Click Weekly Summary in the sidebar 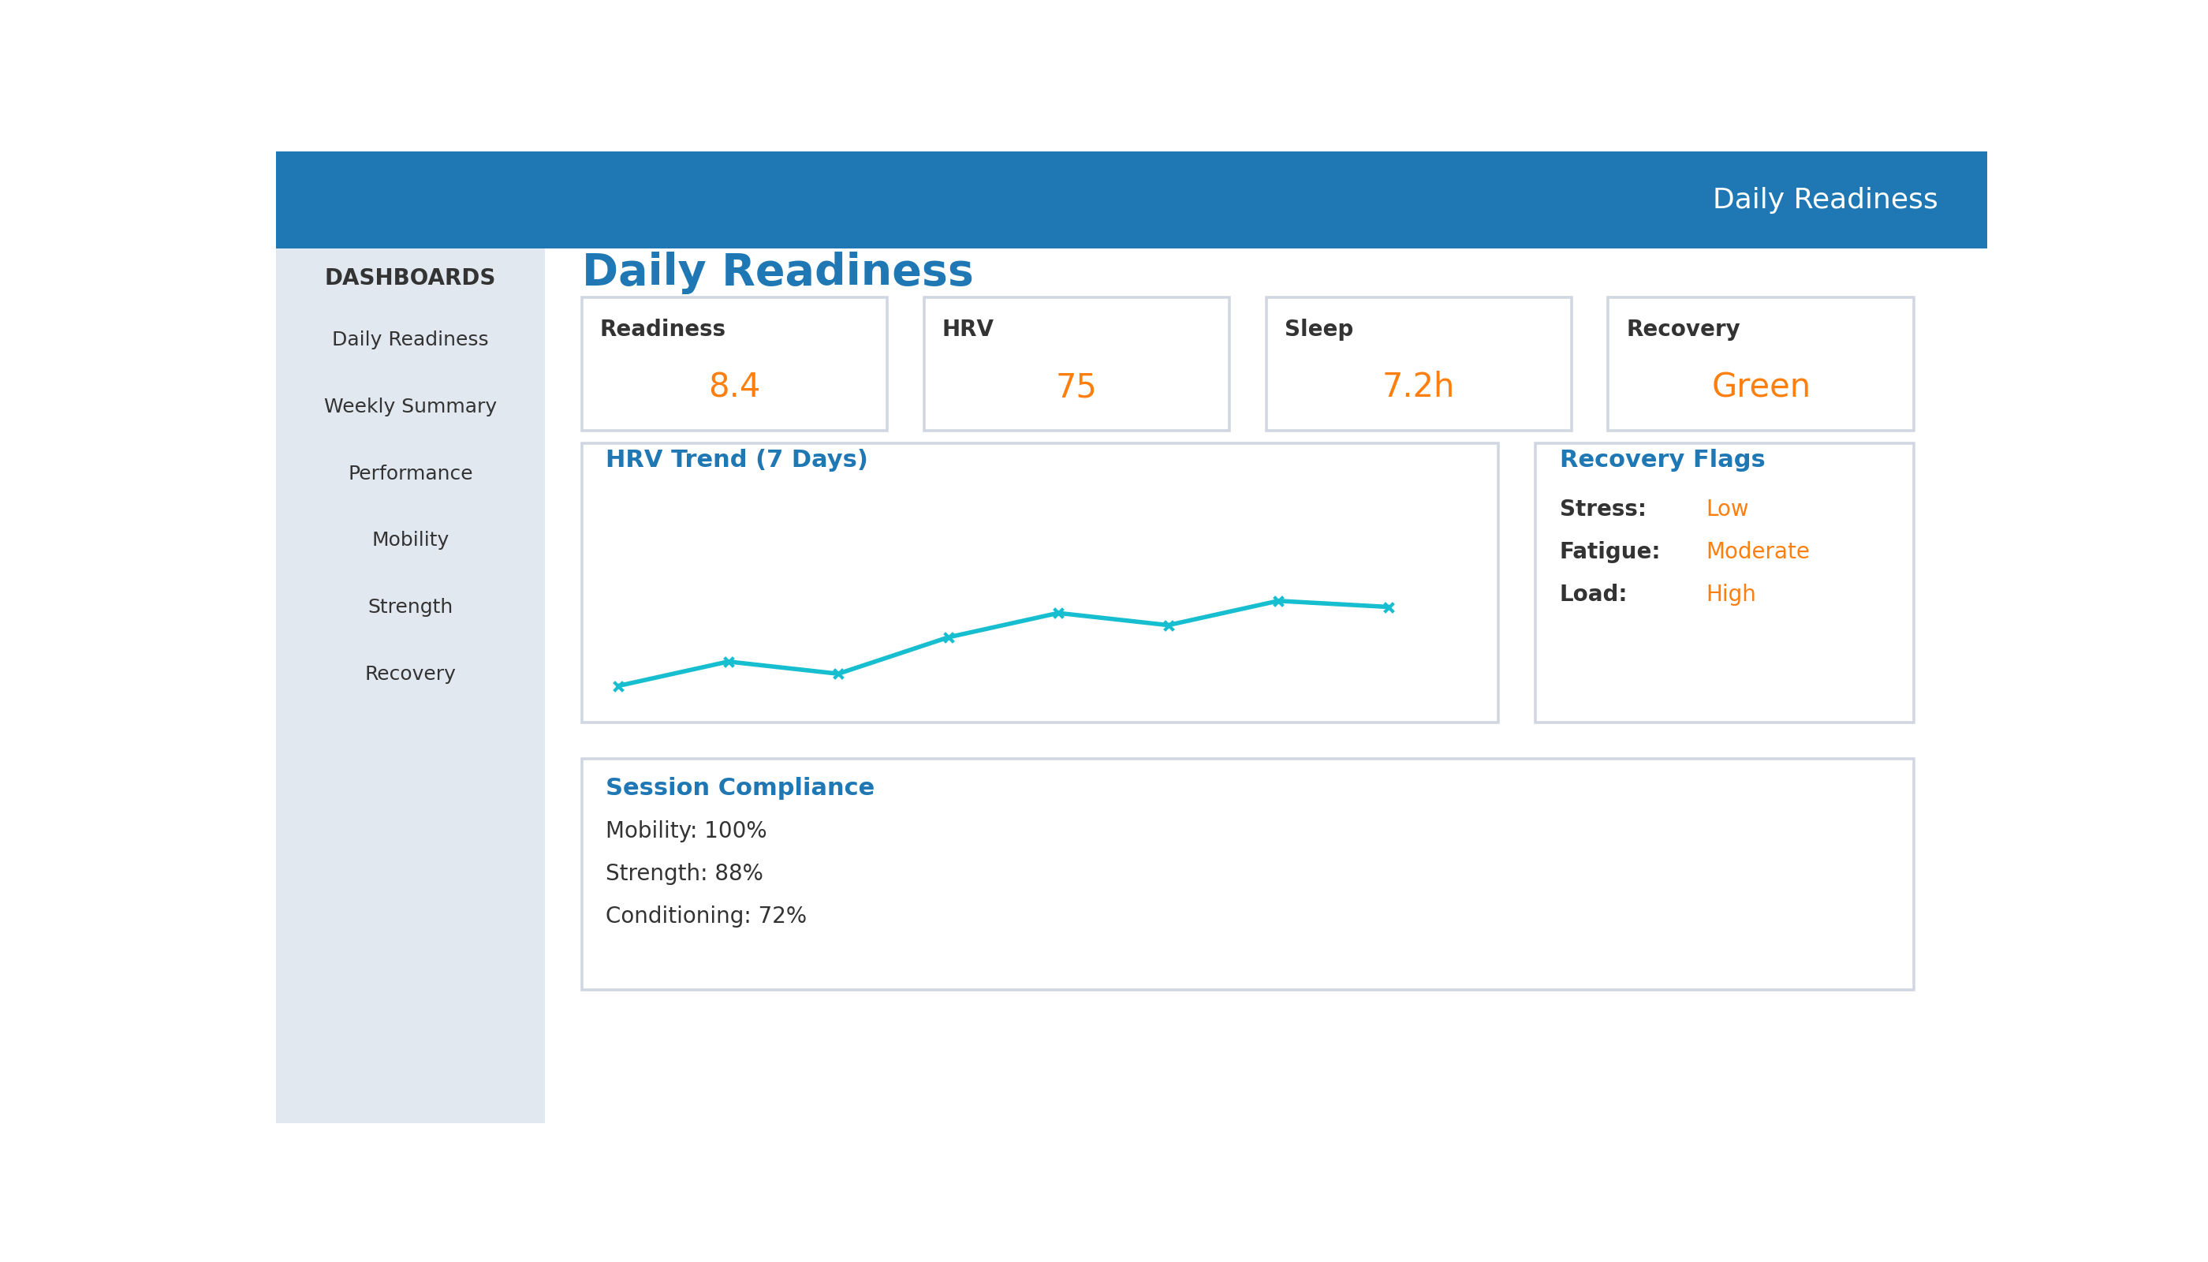pos(410,406)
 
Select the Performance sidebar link pos(410,473)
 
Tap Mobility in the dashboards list pos(410,540)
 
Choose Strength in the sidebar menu pos(410,607)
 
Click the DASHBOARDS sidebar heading pos(410,278)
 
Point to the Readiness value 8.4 pos(734,386)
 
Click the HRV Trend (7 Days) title pos(736,461)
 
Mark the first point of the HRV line pos(619,686)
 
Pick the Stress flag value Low pos(1726,510)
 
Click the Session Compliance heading pos(739,788)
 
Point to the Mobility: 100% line pos(685,831)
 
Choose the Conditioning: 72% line pos(706,917)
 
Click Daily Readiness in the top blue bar pos(1824,200)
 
